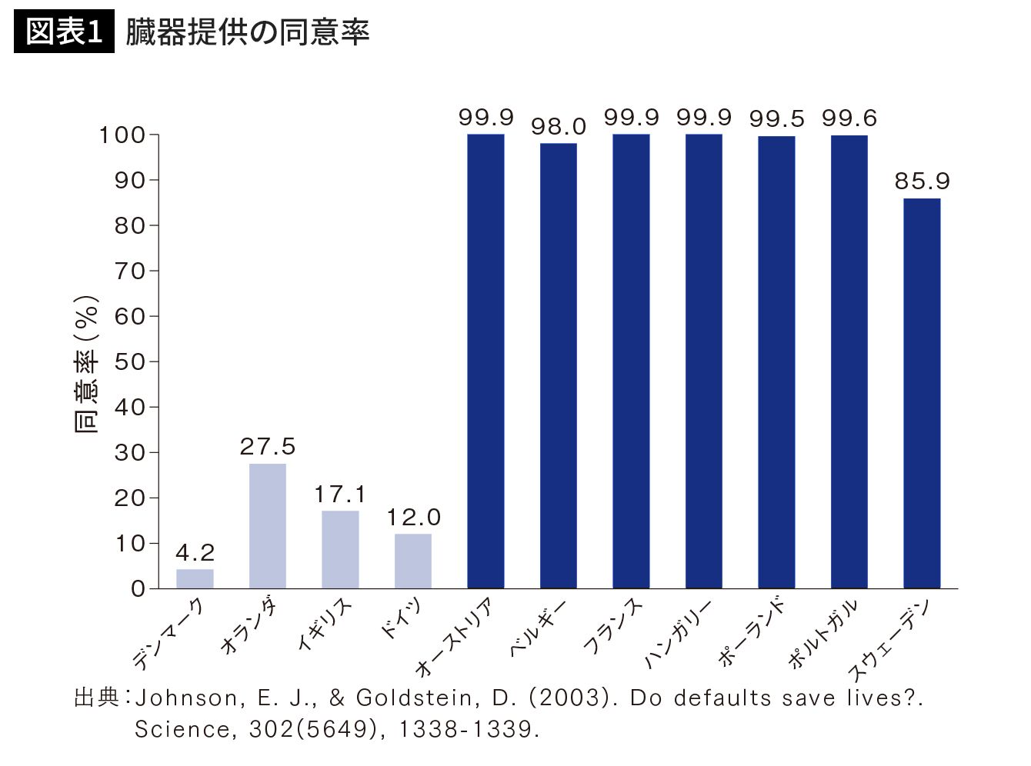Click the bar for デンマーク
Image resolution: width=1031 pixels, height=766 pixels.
tap(195, 578)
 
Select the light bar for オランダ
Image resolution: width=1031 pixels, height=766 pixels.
tap(268, 526)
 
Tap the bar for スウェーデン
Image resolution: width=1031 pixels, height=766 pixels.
tap(922, 393)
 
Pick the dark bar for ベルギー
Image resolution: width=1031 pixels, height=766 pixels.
tap(559, 365)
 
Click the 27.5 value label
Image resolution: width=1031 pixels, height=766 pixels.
tap(268, 447)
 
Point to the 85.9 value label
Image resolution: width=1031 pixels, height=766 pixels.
tap(922, 182)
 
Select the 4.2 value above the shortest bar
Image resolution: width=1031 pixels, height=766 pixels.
tap(195, 553)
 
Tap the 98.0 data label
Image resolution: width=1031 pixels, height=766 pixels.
tap(559, 127)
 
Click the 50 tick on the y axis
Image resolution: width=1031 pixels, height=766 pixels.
tap(130, 361)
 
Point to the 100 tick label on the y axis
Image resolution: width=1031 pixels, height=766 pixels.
tap(122, 135)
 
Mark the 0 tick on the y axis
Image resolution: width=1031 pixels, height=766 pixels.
tap(138, 589)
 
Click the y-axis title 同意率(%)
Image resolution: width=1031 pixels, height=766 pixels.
tap(87, 364)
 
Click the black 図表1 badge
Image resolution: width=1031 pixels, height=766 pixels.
tap(64, 32)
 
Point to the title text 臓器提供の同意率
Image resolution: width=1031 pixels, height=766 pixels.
tap(248, 32)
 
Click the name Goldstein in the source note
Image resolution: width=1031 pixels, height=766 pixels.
tap(418, 698)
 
